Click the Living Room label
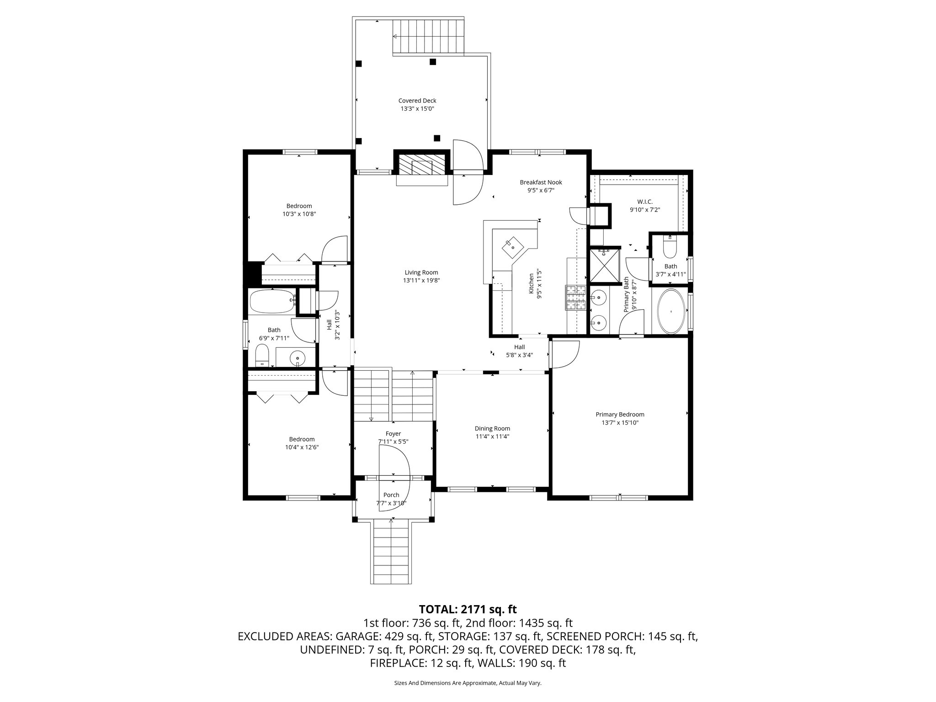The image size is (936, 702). (x=421, y=273)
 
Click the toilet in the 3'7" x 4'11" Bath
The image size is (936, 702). (x=670, y=247)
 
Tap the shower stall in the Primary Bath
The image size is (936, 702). (x=605, y=265)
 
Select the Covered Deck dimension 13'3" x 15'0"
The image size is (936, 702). (x=417, y=109)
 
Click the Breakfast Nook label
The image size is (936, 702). (x=541, y=182)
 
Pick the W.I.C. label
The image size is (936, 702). (x=644, y=202)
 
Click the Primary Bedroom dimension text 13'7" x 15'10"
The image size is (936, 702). (x=620, y=423)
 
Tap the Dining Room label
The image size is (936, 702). (x=492, y=428)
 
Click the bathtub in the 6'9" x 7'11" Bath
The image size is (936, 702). (x=272, y=301)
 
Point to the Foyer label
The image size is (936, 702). (x=393, y=434)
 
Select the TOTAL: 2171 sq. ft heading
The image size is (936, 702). (x=468, y=609)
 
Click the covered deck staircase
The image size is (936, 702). (x=428, y=37)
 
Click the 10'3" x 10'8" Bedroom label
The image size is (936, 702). (x=299, y=206)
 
